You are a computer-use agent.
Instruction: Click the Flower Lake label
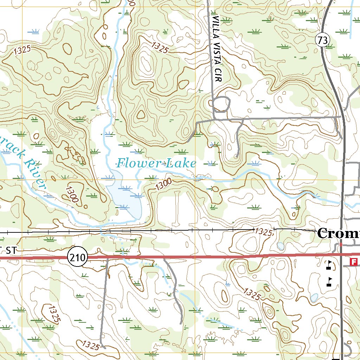pyautogui.click(x=156, y=163)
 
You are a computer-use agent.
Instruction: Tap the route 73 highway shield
pyautogui.click(x=322, y=40)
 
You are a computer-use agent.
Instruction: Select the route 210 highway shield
pyautogui.click(x=77, y=258)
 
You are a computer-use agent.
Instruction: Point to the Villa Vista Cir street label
pyautogui.click(x=218, y=49)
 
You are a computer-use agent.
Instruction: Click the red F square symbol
pyautogui.click(x=354, y=262)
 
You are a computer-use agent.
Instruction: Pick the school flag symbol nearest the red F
pyautogui.click(x=329, y=265)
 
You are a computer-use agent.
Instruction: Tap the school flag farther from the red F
pyautogui.click(x=329, y=281)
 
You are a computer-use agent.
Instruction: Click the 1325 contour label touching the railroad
pyautogui.click(x=264, y=232)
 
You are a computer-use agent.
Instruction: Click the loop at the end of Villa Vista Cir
pyautogui.click(x=221, y=104)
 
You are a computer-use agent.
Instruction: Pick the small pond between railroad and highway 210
pyautogui.click(x=280, y=246)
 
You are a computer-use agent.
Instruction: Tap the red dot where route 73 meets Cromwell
pyautogui.click(x=341, y=244)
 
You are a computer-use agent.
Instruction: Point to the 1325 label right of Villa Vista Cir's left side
pyautogui.click(x=160, y=47)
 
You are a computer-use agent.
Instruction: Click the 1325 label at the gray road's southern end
pyautogui.click(x=90, y=345)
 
